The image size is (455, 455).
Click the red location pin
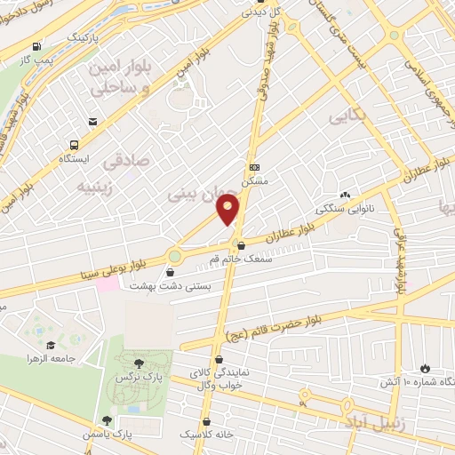coord(229,209)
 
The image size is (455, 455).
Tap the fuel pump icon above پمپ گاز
coord(36,46)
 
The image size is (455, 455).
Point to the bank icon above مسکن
coord(255,166)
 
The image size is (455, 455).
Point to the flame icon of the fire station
coord(425,367)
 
